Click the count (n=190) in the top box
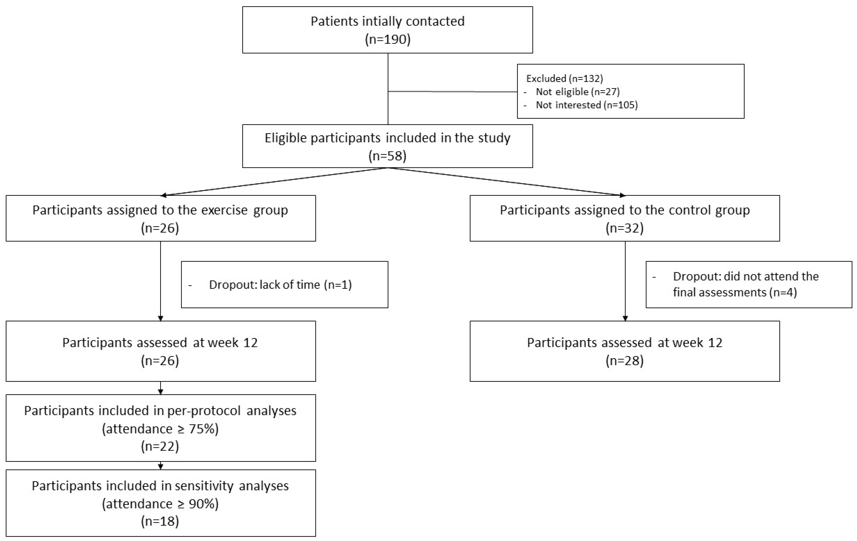coord(388,39)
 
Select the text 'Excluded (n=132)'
coord(564,78)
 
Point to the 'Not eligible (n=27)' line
coord(577,92)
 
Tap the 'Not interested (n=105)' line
coord(587,105)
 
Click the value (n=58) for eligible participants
coord(388,156)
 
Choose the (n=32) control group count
coord(625,228)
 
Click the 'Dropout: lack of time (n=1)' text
coord(280,285)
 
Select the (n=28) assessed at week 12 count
coord(625,361)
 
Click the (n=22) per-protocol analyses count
coord(160,446)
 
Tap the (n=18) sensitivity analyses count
coord(160,521)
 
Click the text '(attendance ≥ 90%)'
coord(160,504)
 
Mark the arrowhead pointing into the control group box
coord(622,195)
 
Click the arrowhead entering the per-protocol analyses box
coord(161,392)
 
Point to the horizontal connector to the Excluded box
coord(452,92)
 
